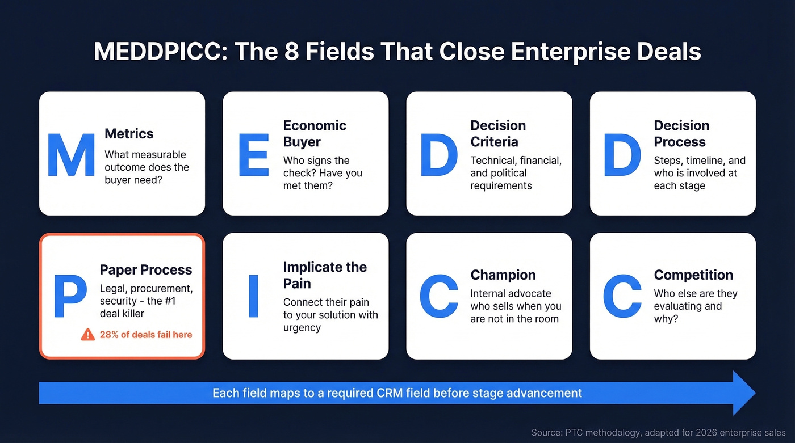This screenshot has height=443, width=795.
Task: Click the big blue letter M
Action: [x=71, y=155]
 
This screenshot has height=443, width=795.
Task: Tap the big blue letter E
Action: [x=253, y=155]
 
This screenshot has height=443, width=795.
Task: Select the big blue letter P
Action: [x=70, y=296]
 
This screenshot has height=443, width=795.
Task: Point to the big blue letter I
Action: [x=253, y=296]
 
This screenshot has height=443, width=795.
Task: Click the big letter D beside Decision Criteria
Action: [x=438, y=155]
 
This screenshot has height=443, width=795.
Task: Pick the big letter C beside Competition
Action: [x=622, y=296]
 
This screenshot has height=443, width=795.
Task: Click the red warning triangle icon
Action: [x=88, y=335]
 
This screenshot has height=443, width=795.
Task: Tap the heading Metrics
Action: [x=129, y=134]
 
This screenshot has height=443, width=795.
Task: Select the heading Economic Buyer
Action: [x=315, y=134]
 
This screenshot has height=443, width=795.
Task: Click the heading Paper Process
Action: [x=146, y=270]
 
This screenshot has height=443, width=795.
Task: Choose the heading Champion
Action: [x=503, y=275]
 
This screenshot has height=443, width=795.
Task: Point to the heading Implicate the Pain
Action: [x=325, y=275]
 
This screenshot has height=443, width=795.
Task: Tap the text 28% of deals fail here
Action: [x=146, y=335]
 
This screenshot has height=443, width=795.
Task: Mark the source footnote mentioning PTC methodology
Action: [x=659, y=433]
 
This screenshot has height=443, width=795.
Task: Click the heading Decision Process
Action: [x=681, y=134]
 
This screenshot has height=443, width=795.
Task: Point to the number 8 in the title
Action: [x=291, y=52]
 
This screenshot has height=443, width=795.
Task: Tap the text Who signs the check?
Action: [x=316, y=161]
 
